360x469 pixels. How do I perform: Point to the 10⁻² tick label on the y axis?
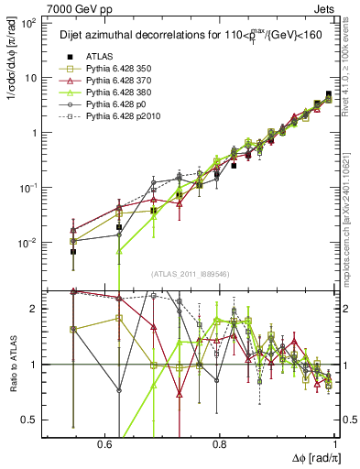pyautogui.click(x=28, y=243)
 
